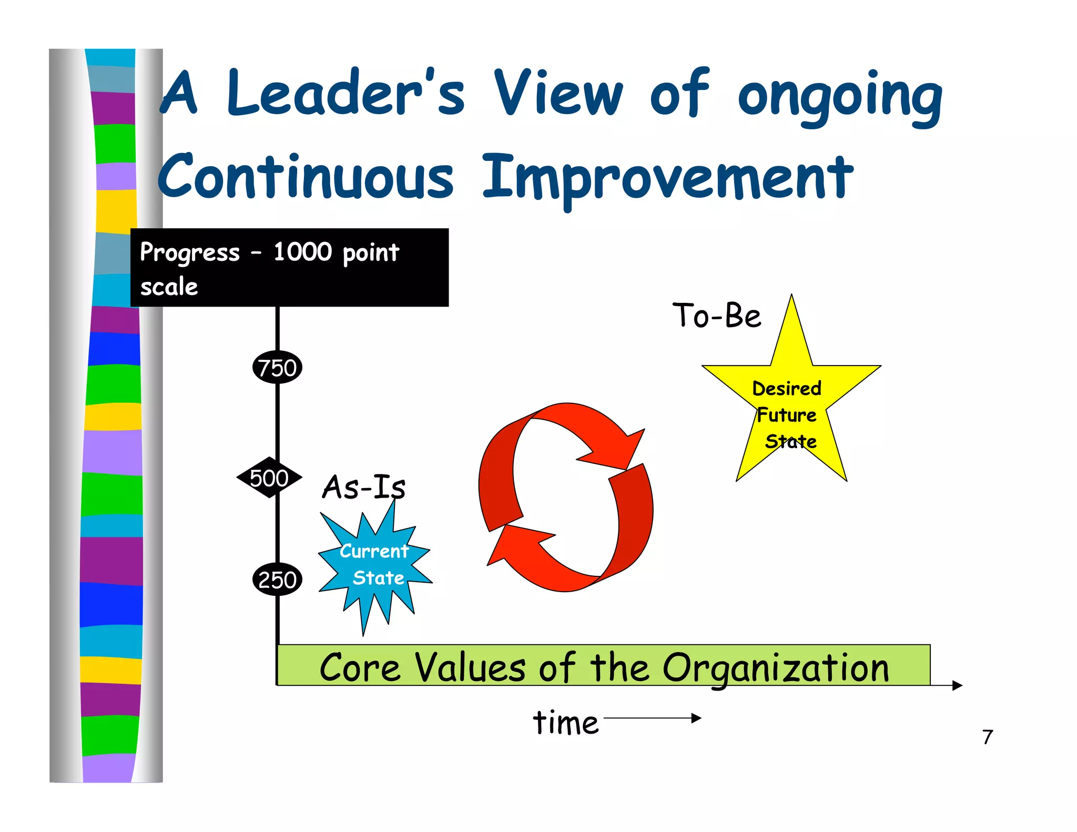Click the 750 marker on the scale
(x=277, y=367)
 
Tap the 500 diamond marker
(x=269, y=478)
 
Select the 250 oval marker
(x=277, y=579)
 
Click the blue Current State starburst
(x=374, y=565)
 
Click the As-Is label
(x=363, y=486)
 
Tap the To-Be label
(x=716, y=316)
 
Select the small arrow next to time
(x=652, y=718)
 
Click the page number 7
(x=988, y=737)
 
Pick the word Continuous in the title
(x=305, y=176)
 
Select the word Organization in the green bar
(x=775, y=668)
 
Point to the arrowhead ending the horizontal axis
(x=957, y=685)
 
